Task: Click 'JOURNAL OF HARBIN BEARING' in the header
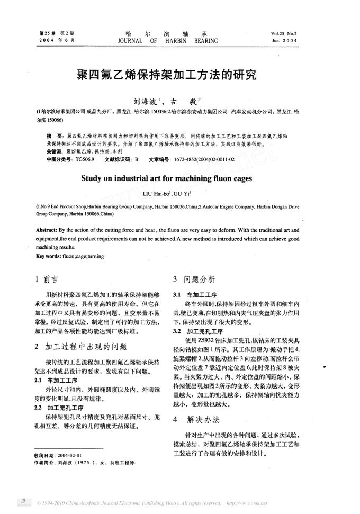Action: point(167,40)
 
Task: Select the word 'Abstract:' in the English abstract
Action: point(49,231)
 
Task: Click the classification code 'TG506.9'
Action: point(85,159)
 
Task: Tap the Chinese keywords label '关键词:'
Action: point(53,151)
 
